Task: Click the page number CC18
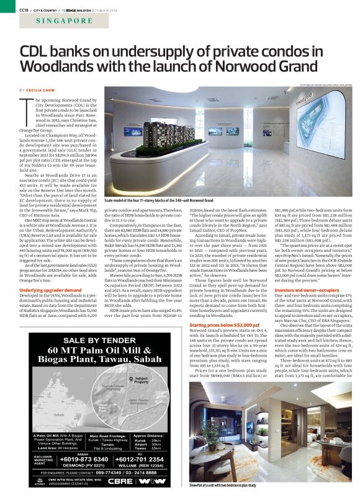(24, 9)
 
